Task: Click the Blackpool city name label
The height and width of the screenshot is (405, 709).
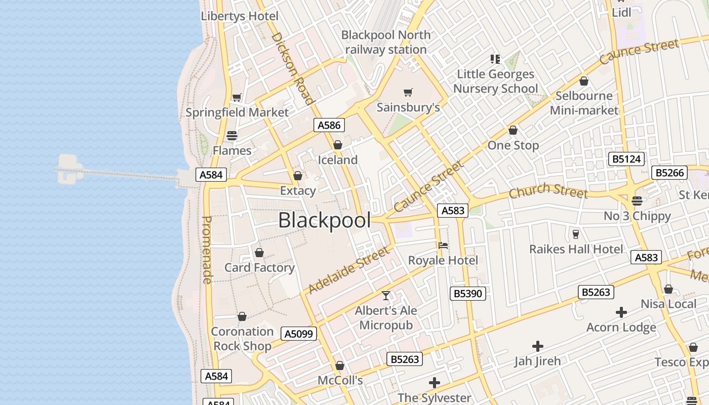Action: [324, 221]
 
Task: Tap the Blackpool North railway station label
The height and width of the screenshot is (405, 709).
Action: [386, 43]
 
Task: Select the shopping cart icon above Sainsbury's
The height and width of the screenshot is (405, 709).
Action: [408, 92]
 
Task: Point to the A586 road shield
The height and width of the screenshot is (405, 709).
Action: [329, 125]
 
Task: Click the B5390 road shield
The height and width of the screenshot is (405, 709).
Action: [468, 293]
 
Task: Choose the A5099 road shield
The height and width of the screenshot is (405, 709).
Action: [299, 334]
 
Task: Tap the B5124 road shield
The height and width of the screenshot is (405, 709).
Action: [626, 159]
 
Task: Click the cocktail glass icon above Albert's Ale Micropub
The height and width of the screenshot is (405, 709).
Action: [386, 296]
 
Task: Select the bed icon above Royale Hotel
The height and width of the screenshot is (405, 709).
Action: [443, 246]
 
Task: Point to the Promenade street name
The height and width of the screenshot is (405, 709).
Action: [207, 250]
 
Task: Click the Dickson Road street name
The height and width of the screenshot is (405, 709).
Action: [293, 68]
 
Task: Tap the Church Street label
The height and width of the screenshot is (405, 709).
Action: [548, 191]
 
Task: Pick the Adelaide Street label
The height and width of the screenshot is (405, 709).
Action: [349, 270]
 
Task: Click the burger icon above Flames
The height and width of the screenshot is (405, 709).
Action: [232, 135]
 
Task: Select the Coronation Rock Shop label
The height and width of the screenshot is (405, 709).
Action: [242, 339]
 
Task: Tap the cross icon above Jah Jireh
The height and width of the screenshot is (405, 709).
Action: [538, 346]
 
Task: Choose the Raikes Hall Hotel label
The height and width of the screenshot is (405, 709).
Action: [576, 249]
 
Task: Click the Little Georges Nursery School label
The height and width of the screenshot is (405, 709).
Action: [495, 81]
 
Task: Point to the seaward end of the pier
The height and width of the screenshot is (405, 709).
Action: [69, 169]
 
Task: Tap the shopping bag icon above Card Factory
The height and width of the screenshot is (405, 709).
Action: [259, 252]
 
